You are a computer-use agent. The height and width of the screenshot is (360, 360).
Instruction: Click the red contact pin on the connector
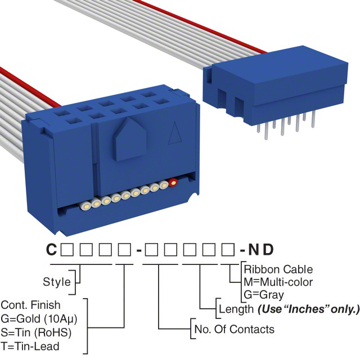pyautogui.click(x=173, y=182)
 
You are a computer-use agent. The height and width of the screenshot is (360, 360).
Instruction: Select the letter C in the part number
pyautogui.click(x=51, y=250)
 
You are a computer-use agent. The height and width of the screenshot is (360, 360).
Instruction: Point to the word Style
pyautogui.click(x=57, y=282)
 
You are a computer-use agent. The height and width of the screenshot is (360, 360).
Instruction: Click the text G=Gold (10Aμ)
pyautogui.click(x=39, y=318)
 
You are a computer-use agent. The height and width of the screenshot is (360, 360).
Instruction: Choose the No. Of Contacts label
pyautogui.click(x=233, y=329)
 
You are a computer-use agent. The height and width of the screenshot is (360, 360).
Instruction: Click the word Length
pyautogui.click(x=235, y=309)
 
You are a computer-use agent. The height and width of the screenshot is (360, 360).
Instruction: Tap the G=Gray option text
pyautogui.click(x=264, y=295)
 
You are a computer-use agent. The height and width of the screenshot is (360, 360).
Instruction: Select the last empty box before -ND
pyautogui.click(x=228, y=250)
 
